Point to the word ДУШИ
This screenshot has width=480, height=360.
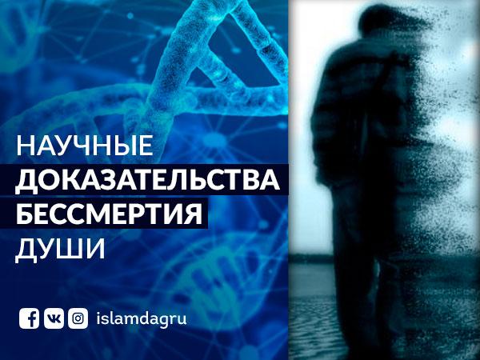click(60, 248)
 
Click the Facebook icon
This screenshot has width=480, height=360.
click(29, 318)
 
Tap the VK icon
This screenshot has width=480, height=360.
click(54, 318)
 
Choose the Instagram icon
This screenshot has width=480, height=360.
click(78, 318)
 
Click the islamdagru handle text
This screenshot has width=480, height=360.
click(142, 319)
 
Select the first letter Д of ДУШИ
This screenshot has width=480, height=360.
click(26, 250)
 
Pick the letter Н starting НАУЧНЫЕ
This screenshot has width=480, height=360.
click(26, 145)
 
